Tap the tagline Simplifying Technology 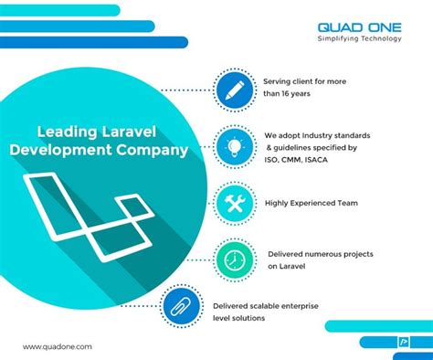(x=359, y=39)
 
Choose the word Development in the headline (x=84, y=149)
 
